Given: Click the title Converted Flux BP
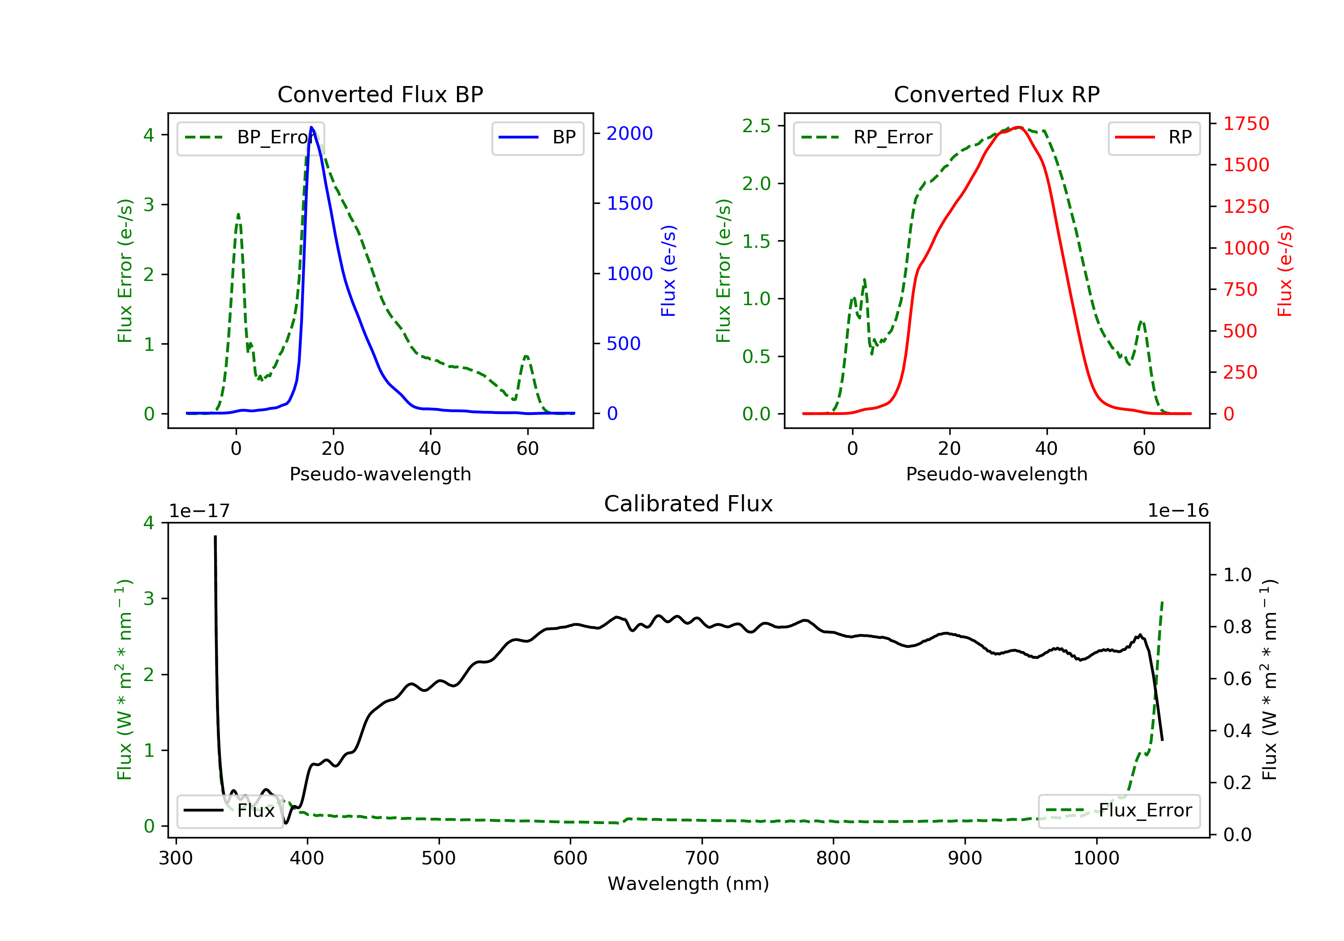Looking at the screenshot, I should pos(380,94).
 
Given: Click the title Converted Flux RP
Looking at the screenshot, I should pos(996,94).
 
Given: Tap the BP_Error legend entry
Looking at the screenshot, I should pos(250,138).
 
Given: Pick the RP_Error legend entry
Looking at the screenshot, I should pos(867,138).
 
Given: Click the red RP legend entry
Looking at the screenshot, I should pos(1154,138).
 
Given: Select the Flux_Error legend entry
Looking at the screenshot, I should pos(1119,811).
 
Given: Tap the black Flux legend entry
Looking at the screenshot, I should pos(230,811).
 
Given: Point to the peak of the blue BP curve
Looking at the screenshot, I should pos(311,127).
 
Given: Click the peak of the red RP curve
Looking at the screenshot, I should pos(1019,127).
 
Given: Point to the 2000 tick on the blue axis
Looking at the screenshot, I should pos(629,134).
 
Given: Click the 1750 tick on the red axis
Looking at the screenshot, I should pos(1245,124).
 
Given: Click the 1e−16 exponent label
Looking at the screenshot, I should pos(1178,511).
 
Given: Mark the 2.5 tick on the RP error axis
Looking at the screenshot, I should pos(756,126).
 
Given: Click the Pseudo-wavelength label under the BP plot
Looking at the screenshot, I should pos(380,474).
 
